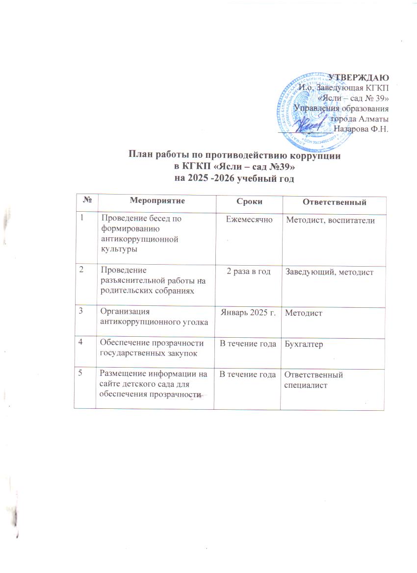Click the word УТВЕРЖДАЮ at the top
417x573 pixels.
pyautogui.click(x=358, y=77)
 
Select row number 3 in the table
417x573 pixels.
pyautogui.click(x=83, y=311)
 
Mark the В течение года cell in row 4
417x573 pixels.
pyautogui.click(x=248, y=345)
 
